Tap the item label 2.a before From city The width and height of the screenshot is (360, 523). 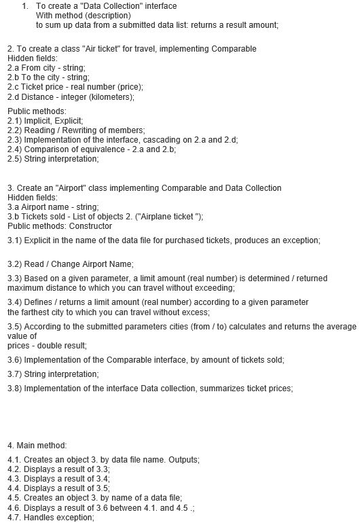tap(13, 68)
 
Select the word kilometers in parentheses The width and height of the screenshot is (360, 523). tap(112, 96)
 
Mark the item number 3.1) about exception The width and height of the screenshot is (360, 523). tap(15, 240)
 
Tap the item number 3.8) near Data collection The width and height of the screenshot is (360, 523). tap(15, 389)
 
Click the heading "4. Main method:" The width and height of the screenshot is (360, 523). tap(37, 446)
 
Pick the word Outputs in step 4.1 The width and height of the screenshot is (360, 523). tap(184, 460)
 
